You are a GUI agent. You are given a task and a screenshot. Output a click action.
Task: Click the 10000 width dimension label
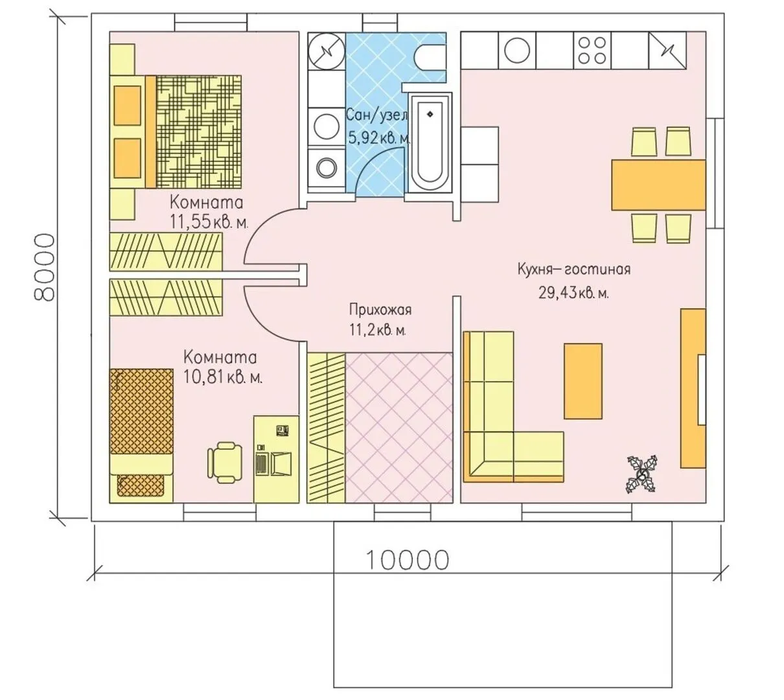coord(407,560)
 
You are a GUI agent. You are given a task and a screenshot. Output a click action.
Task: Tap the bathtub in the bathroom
coord(430,143)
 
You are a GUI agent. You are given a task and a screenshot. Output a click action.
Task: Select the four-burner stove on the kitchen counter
coord(592,51)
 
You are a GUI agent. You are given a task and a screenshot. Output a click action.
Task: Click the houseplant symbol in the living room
coord(642,474)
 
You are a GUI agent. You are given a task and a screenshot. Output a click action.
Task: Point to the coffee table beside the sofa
coord(582,381)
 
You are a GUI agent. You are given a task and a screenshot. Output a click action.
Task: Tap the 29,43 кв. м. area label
coord(573,294)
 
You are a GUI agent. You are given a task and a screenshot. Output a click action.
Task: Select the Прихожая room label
coord(380,310)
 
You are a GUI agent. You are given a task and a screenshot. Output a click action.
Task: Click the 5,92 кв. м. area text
coord(379,137)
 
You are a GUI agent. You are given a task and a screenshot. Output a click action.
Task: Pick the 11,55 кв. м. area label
coord(209,222)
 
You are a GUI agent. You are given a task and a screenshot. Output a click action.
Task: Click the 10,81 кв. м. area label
coord(223,377)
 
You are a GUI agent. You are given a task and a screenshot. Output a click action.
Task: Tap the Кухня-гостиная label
coord(574,269)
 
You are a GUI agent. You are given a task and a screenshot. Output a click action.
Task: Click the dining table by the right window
coord(658,185)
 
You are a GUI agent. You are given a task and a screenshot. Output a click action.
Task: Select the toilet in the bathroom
coord(430,58)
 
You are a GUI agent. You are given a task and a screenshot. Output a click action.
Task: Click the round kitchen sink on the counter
coord(517,51)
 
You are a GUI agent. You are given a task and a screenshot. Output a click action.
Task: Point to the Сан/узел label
coord(376,115)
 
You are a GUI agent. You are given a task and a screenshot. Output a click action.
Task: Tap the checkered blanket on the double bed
coord(198,132)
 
